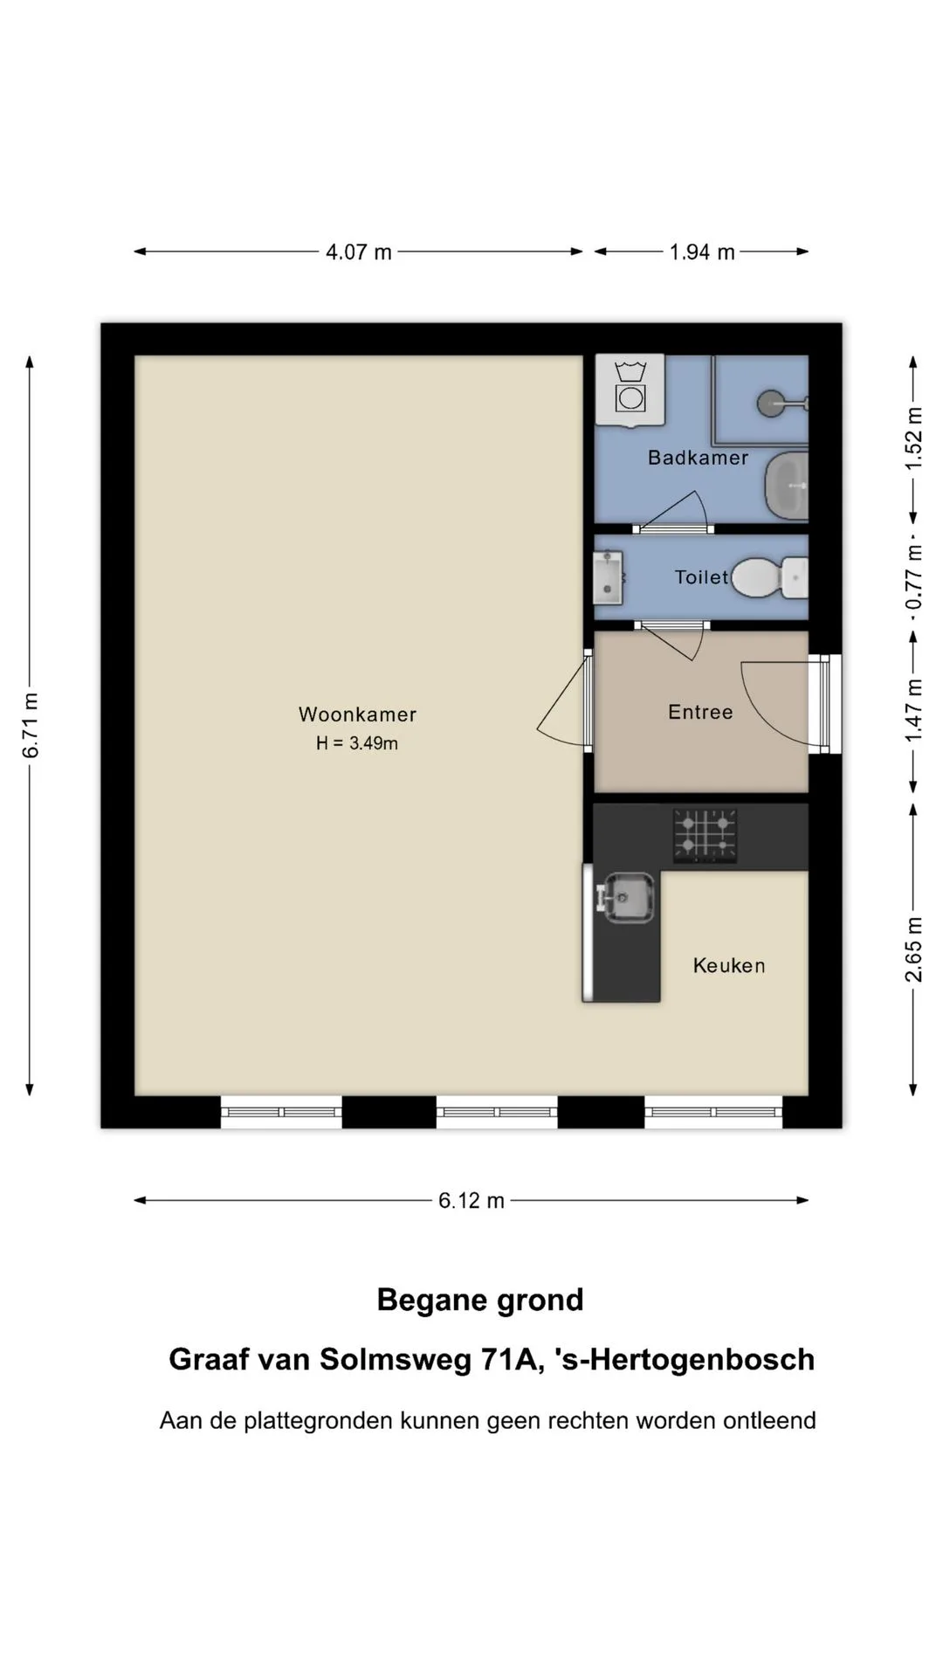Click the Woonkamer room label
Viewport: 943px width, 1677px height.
point(357,714)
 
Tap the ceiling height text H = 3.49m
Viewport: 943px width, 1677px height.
point(357,743)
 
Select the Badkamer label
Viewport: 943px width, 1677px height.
point(698,458)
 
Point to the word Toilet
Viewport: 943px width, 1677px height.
point(701,577)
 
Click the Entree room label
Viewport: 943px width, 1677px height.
point(700,712)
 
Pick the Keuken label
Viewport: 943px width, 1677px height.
point(729,965)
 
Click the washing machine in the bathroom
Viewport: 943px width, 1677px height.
point(630,390)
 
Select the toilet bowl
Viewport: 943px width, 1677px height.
point(768,577)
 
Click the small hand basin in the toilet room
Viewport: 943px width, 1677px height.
point(608,577)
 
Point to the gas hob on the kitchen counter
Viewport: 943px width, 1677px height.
point(705,836)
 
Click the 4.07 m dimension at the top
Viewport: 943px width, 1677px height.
point(358,252)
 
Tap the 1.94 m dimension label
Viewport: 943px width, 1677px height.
point(702,252)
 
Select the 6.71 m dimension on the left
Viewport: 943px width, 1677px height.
point(31,725)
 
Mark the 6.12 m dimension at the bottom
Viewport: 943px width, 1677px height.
point(471,1201)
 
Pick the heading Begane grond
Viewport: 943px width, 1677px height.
point(480,1301)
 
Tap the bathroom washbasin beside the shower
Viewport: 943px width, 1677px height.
point(787,486)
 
